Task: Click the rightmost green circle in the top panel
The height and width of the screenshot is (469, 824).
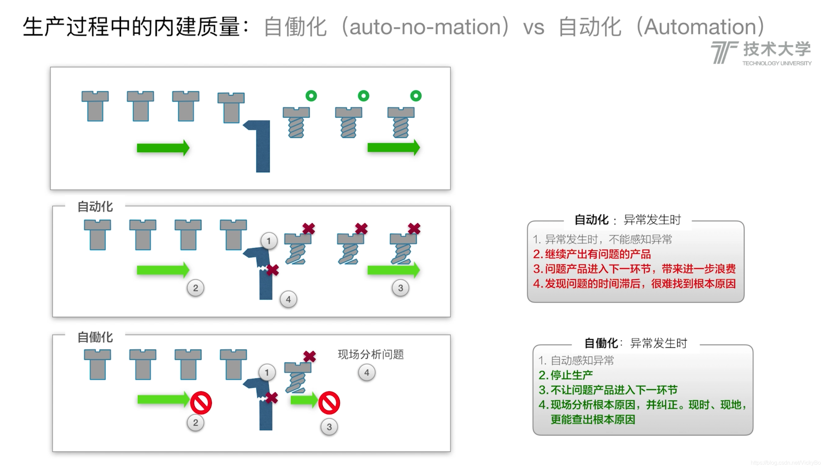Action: pyautogui.click(x=416, y=96)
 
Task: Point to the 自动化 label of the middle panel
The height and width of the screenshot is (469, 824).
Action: pyautogui.click(x=95, y=207)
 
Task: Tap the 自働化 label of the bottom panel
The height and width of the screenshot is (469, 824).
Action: pyautogui.click(x=95, y=337)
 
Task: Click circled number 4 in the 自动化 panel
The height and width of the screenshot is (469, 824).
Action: pyautogui.click(x=288, y=299)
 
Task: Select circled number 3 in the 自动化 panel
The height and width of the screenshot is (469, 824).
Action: pyautogui.click(x=400, y=288)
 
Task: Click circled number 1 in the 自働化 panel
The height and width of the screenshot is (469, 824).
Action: pyautogui.click(x=267, y=373)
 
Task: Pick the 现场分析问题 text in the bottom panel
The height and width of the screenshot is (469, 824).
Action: pyautogui.click(x=371, y=354)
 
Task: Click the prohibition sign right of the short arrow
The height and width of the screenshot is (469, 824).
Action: pyautogui.click(x=329, y=403)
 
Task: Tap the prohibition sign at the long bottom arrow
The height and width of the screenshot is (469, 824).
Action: pyautogui.click(x=201, y=403)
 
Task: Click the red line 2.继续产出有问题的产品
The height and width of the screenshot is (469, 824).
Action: pyautogui.click(x=592, y=254)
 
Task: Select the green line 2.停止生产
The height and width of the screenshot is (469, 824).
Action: pyautogui.click(x=566, y=375)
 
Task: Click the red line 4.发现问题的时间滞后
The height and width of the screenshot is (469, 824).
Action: pyautogui.click(x=634, y=284)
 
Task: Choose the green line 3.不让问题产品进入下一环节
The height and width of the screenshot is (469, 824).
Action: pyautogui.click(x=608, y=390)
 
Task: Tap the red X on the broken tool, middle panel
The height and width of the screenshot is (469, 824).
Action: pyautogui.click(x=273, y=270)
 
